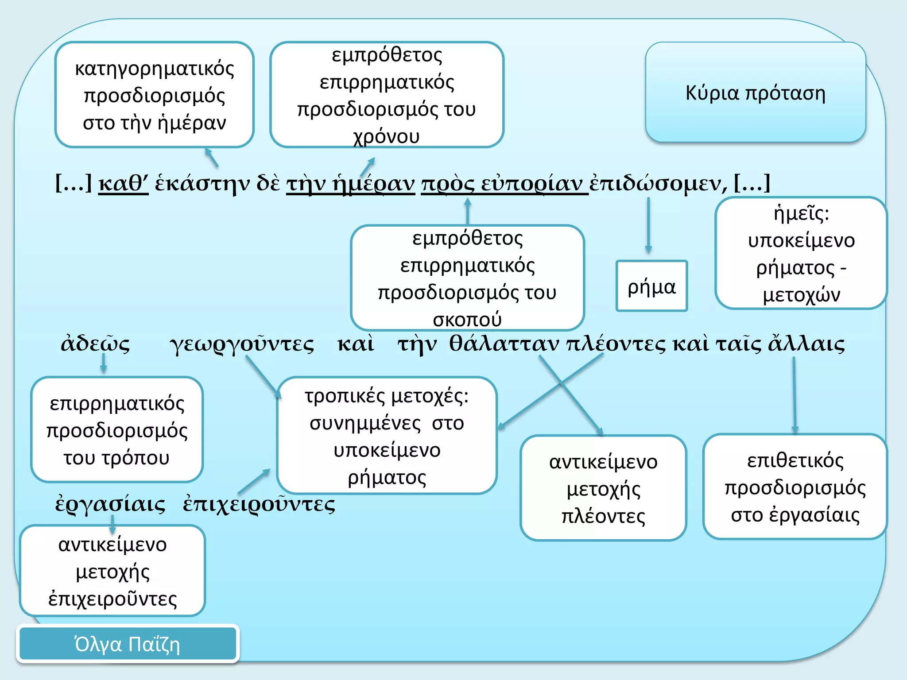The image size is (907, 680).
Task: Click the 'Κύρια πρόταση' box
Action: click(756, 92)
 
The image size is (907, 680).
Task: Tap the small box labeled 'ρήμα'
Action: click(651, 286)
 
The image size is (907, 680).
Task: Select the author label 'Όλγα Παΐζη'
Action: click(128, 644)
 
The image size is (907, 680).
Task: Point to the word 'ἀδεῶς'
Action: click(96, 343)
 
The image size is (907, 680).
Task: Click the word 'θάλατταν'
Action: click(504, 343)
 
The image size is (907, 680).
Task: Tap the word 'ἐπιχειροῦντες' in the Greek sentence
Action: click(259, 504)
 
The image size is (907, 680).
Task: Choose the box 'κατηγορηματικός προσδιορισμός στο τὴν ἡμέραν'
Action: click(155, 95)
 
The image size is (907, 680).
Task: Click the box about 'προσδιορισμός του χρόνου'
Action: click(387, 95)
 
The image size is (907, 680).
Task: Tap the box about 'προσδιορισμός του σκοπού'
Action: click(467, 278)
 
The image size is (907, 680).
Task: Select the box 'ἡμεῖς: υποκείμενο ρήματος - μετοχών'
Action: click(801, 253)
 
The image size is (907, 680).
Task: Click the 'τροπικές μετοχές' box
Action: click(387, 435)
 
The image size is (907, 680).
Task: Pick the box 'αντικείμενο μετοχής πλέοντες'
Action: click(603, 488)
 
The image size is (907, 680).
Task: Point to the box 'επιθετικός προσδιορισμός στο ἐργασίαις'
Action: click(795, 487)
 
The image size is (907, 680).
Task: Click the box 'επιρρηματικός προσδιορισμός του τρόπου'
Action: click(117, 429)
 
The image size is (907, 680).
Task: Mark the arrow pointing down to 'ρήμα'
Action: click(648, 225)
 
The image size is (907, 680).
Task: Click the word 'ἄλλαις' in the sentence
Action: click(806, 343)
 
